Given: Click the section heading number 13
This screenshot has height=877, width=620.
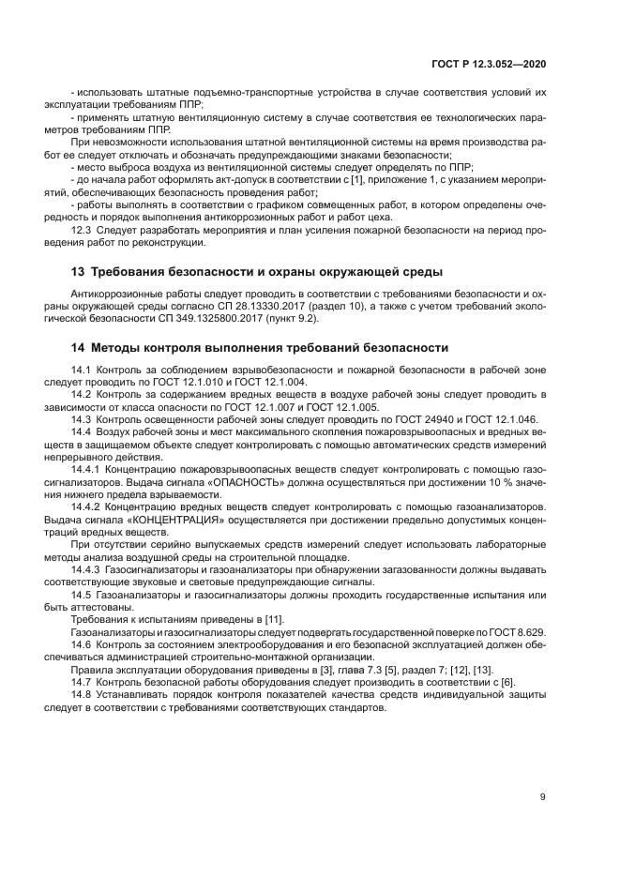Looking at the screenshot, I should pos(79,272).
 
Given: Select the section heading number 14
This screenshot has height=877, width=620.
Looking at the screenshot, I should pos(79,346).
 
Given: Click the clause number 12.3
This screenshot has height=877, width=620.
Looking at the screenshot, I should pos(83,230).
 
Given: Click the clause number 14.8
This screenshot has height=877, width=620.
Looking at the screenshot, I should pos(83,695).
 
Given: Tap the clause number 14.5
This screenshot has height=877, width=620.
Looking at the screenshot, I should pos(83,595).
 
